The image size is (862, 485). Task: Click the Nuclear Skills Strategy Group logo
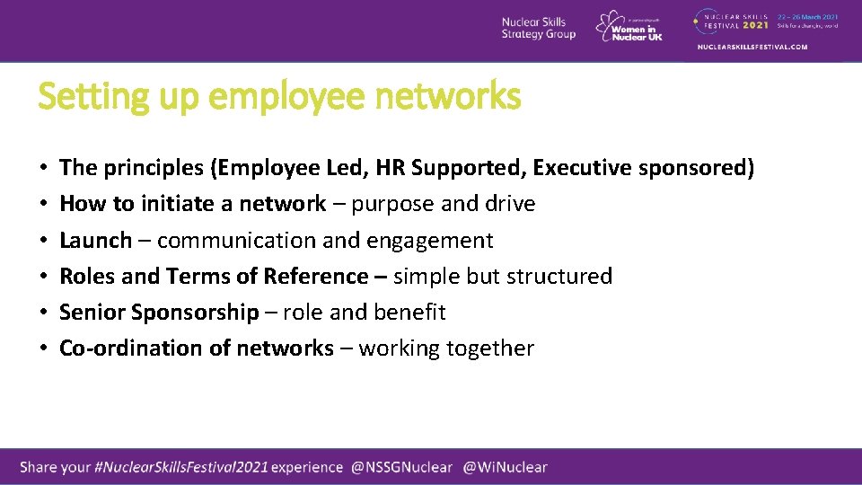[x=538, y=28]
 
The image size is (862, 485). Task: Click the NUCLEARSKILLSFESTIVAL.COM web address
[x=752, y=47]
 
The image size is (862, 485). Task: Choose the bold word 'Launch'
[x=95, y=240]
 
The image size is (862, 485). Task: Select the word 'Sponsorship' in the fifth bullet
[x=195, y=313]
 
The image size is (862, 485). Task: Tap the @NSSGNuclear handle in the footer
[x=403, y=467]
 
